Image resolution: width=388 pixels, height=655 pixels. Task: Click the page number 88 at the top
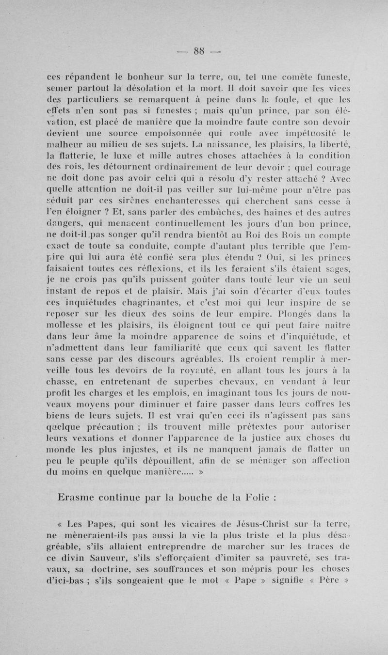click(194, 51)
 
